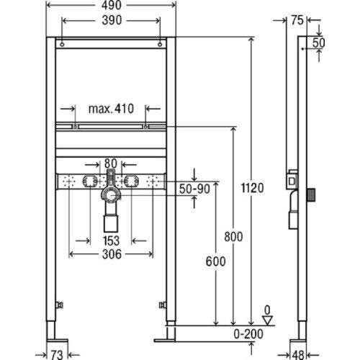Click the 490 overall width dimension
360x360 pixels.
(111, 5)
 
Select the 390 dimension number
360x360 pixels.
(112, 20)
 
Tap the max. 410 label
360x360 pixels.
(111, 109)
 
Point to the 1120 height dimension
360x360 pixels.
(252, 188)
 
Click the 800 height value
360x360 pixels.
(233, 237)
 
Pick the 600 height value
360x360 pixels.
(215, 261)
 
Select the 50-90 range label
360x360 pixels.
(194, 189)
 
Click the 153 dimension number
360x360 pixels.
(111, 240)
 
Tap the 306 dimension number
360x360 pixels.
(112, 254)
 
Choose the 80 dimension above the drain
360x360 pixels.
(111, 163)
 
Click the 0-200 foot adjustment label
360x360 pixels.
(248, 334)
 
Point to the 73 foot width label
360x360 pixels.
(57, 354)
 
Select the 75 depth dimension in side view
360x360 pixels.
(297, 20)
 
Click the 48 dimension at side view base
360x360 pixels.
(298, 355)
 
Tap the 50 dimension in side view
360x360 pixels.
(319, 43)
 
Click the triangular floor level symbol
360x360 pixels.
(267, 320)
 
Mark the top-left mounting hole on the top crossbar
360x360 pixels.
(62, 45)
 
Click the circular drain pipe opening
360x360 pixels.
(111, 196)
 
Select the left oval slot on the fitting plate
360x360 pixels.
(90, 181)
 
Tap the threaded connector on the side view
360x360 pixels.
(311, 194)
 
